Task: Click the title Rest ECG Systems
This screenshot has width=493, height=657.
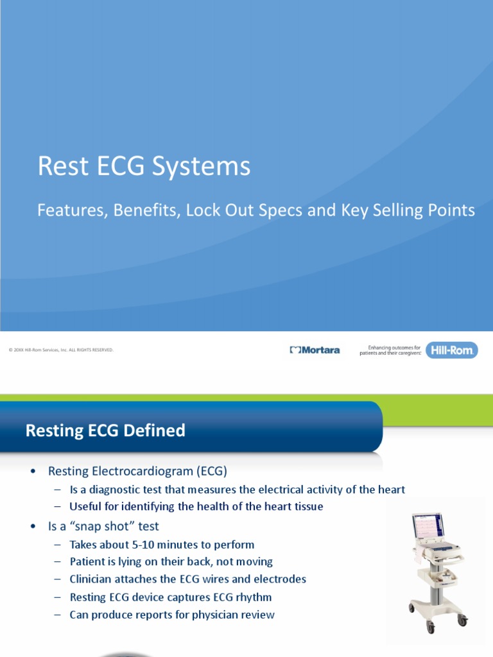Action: point(144,167)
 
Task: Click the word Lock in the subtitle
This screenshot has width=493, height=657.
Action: point(201,210)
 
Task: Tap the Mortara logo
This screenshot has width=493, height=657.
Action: point(315,350)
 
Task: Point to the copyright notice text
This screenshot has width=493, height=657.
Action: point(61,350)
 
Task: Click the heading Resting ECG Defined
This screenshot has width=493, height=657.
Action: point(105,431)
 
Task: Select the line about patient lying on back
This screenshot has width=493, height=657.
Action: point(171,561)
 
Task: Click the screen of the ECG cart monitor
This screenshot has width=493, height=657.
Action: point(427,526)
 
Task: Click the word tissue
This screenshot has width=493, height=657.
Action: point(306,506)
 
